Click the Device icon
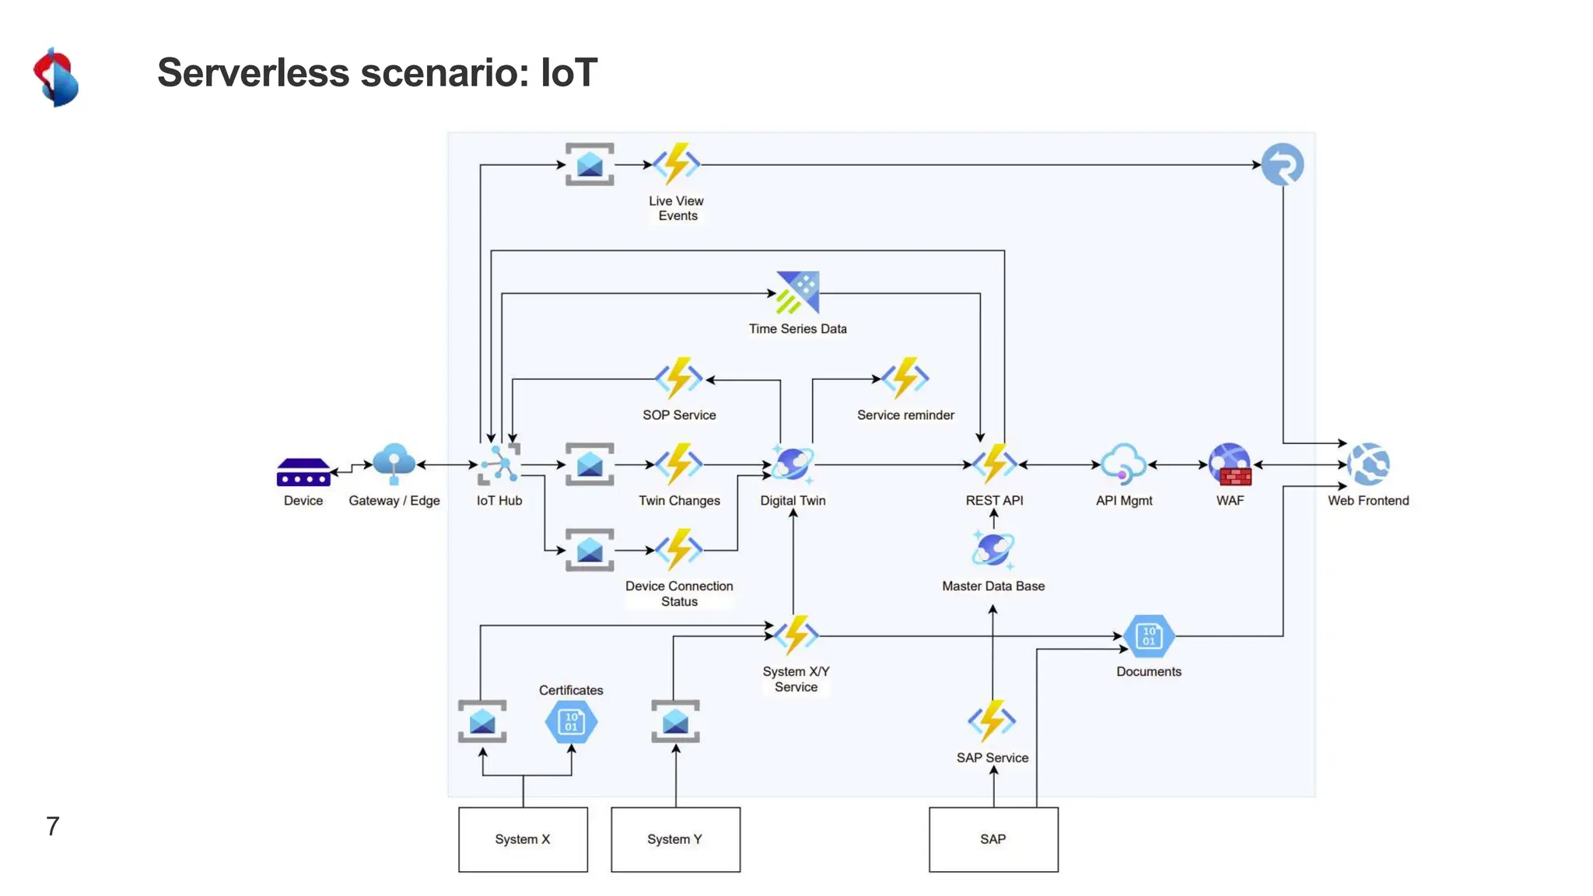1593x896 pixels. [303, 472]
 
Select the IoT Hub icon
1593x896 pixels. [499, 464]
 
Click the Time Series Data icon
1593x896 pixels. [797, 292]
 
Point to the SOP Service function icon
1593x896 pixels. [678, 379]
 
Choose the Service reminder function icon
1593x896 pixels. [905, 378]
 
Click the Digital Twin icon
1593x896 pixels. [793, 464]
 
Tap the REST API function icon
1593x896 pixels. [994, 464]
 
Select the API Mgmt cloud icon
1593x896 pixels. [1123, 464]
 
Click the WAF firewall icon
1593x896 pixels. [1230, 464]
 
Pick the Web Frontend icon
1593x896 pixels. [1368, 464]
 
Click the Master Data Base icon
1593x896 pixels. [993, 550]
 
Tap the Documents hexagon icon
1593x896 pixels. [1149, 636]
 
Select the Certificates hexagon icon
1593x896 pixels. [571, 722]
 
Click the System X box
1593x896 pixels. [523, 839]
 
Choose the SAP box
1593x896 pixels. [993, 839]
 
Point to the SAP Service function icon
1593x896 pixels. [992, 721]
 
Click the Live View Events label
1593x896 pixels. [677, 208]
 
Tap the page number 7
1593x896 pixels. [53, 826]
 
